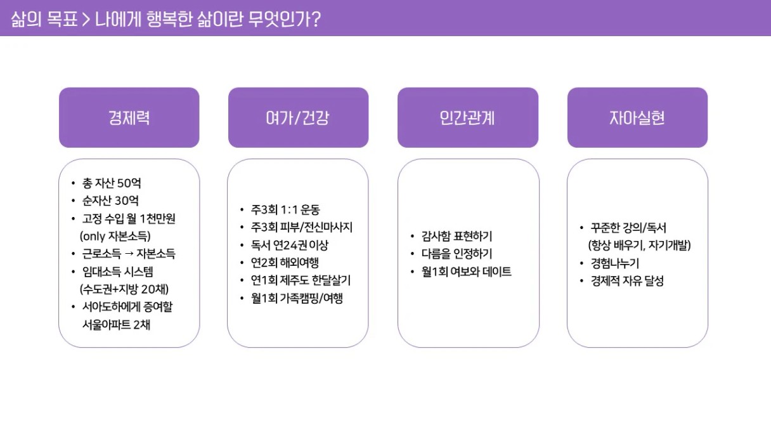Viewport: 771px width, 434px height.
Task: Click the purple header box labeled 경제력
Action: click(129, 117)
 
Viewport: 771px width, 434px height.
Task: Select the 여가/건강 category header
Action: click(298, 117)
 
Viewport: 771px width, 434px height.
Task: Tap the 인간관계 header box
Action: click(468, 117)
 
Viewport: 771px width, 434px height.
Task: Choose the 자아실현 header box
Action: click(637, 117)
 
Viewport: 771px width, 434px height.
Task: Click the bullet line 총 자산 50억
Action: click(112, 183)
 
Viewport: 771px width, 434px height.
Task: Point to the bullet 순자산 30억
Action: click(110, 201)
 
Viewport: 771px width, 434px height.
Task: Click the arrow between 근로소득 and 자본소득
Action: click(129, 254)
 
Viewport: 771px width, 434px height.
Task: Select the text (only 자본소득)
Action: click(115, 236)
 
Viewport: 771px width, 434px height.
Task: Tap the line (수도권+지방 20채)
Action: click(124, 289)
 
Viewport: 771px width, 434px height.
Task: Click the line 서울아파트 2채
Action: click(116, 324)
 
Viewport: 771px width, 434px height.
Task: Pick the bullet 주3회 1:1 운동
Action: click(285, 209)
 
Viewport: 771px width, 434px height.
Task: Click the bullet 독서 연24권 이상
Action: click(290, 246)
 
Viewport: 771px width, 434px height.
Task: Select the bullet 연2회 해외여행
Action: click(285, 263)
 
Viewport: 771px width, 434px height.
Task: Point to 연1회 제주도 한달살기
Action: click(301, 280)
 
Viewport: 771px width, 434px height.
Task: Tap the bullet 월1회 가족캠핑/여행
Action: click(297, 298)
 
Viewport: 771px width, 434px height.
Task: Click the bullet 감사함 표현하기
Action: click(457, 236)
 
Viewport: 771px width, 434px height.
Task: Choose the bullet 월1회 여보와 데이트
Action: click(467, 272)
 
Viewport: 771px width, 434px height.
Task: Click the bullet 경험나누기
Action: click(615, 263)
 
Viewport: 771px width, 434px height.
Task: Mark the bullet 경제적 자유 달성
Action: click(627, 281)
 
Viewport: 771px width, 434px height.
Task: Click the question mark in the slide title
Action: click(316, 19)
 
